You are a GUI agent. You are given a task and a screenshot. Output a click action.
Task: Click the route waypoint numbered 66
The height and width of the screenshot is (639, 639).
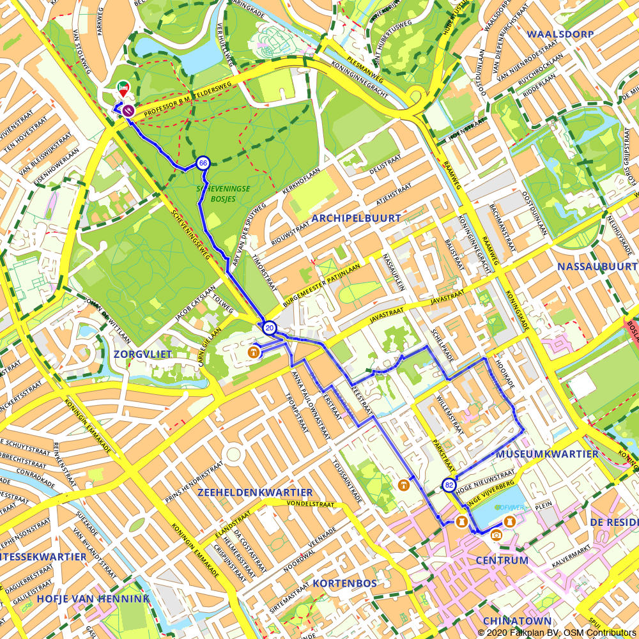(203, 163)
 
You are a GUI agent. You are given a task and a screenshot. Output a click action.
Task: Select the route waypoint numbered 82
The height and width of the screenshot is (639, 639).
(449, 484)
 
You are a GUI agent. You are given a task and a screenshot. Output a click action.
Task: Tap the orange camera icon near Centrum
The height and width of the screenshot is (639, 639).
(497, 535)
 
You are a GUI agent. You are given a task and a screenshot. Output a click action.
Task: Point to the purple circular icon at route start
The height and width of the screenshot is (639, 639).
(128, 111)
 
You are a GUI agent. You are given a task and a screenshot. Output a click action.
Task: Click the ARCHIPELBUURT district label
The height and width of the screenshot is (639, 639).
(356, 218)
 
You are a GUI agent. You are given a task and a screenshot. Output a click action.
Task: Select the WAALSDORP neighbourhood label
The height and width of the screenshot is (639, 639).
(560, 34)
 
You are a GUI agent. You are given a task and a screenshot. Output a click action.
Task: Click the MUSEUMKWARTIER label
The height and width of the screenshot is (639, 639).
(547, 454)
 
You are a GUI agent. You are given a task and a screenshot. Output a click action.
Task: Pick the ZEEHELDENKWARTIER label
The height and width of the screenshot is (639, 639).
(255, 493)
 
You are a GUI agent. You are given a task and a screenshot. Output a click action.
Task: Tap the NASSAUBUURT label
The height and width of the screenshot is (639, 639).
(597, 266)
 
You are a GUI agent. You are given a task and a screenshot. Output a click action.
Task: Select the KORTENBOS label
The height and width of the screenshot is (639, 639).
(344, 583)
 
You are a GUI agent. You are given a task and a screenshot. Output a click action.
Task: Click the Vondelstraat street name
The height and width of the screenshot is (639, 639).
(311, 504)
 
